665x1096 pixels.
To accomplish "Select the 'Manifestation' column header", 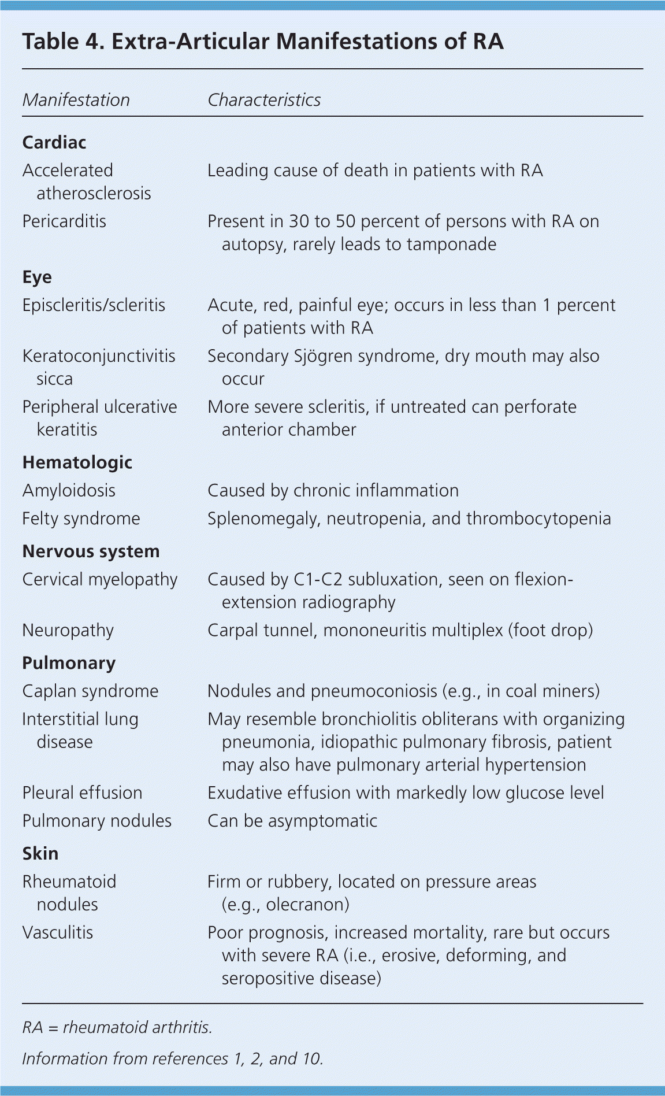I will pyautogui.click(x=76, y=100).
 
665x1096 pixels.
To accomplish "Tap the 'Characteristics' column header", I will pyautogui.click(x=263, y=100).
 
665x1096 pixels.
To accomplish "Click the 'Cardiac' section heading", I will pyautogui.click(x=54, y=142).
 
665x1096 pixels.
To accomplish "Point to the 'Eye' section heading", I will pyautogui.click(x=37, y=277).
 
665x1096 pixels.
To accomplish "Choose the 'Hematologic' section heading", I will pyautogui.click(x=77, y=462).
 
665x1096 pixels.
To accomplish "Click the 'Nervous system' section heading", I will pyautogui.click(x=91, y=551).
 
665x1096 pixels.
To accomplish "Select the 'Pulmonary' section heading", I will pyautogui.click(x=69, y=663).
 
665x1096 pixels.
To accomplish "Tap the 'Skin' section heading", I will pyautogui.click(x=40, y=854).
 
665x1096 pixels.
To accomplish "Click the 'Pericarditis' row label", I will pyautogui.click(x=64, y=221).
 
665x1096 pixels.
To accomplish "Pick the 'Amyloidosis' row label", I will pyautogui.click(x=69, y=491).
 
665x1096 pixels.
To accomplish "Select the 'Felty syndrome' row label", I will pyautogui.click(x=81, y=519).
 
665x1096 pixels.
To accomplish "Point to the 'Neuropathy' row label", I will pyautogui.click(x=68, y=630).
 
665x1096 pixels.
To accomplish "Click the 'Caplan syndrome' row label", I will pyautogui.click(x=90, y=691).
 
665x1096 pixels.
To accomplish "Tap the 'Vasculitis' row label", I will pyautogui.click(x=57, y=932).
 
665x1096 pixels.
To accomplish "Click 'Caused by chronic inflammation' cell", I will pyautogui.click(x=333, y=491).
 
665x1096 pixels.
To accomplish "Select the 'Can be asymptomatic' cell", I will pyautogui.click(x=292, y=821).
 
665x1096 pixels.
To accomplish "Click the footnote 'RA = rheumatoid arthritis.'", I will pyautogui.click(x=117, y=1027).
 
